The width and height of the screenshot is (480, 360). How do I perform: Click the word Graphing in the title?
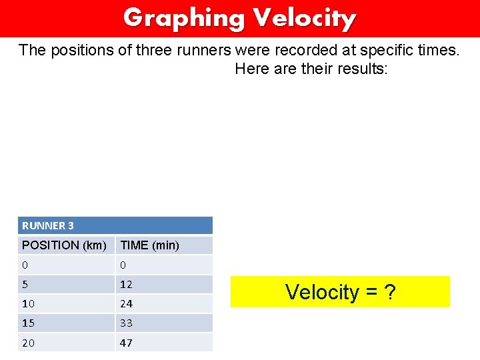point(184,18)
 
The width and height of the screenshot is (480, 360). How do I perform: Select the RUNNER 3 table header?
point(48,226)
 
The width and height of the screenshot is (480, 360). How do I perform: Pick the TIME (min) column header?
point(149,245)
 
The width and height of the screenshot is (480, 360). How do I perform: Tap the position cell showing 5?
point(25,284)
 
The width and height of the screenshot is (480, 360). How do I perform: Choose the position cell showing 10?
point(29,303)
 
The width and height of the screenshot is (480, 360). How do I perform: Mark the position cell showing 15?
point(29,323)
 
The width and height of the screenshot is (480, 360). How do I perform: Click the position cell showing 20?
point(29,343)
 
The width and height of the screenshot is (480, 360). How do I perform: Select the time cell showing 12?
point(126,284)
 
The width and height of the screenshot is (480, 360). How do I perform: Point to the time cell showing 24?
point(126,303)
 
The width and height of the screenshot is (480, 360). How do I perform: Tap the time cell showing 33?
point(126,323)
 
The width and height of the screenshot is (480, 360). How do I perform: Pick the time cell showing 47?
point(126,343)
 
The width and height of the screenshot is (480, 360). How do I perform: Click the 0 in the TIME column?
point(123,265)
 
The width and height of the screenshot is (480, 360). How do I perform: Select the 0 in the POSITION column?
point(25,265)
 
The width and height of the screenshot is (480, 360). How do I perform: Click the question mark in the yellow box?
point(389,292)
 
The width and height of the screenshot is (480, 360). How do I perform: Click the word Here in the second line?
point(252,69)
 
